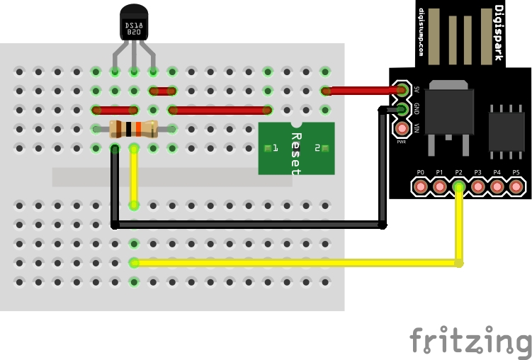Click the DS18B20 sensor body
click(135, 23)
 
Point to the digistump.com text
click(421, 33)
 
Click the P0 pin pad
click(421, 187)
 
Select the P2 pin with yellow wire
click(459, 187)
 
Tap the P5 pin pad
click(516, 187)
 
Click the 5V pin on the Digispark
click(402, 90)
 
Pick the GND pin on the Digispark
click(402, 109)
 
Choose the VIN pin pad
click(402, 128)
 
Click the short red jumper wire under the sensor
click(163, 91)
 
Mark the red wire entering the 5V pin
click(361, 91)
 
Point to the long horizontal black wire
click(248, 225)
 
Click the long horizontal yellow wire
click(298, 263)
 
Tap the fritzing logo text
click(470, 342)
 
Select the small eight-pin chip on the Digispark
click(506, 128)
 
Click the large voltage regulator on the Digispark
click(448, 113)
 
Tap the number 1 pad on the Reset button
click(268, 148)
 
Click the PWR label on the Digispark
click(402, 142)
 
